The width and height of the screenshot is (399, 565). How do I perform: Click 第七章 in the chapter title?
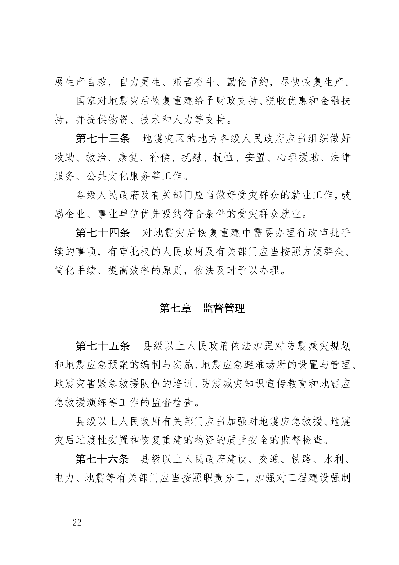(175, 308)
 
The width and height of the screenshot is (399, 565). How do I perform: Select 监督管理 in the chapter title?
(224, 308)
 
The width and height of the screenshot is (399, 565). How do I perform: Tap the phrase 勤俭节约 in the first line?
(244, 82)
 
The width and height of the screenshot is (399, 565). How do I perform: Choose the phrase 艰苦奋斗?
(191, 82)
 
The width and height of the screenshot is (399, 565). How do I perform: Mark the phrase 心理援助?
(298, 158)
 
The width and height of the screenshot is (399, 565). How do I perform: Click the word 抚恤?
(224, 158)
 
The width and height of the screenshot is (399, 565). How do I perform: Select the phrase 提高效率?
(129, 270)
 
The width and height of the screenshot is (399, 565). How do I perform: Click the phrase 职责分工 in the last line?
(224, 478)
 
